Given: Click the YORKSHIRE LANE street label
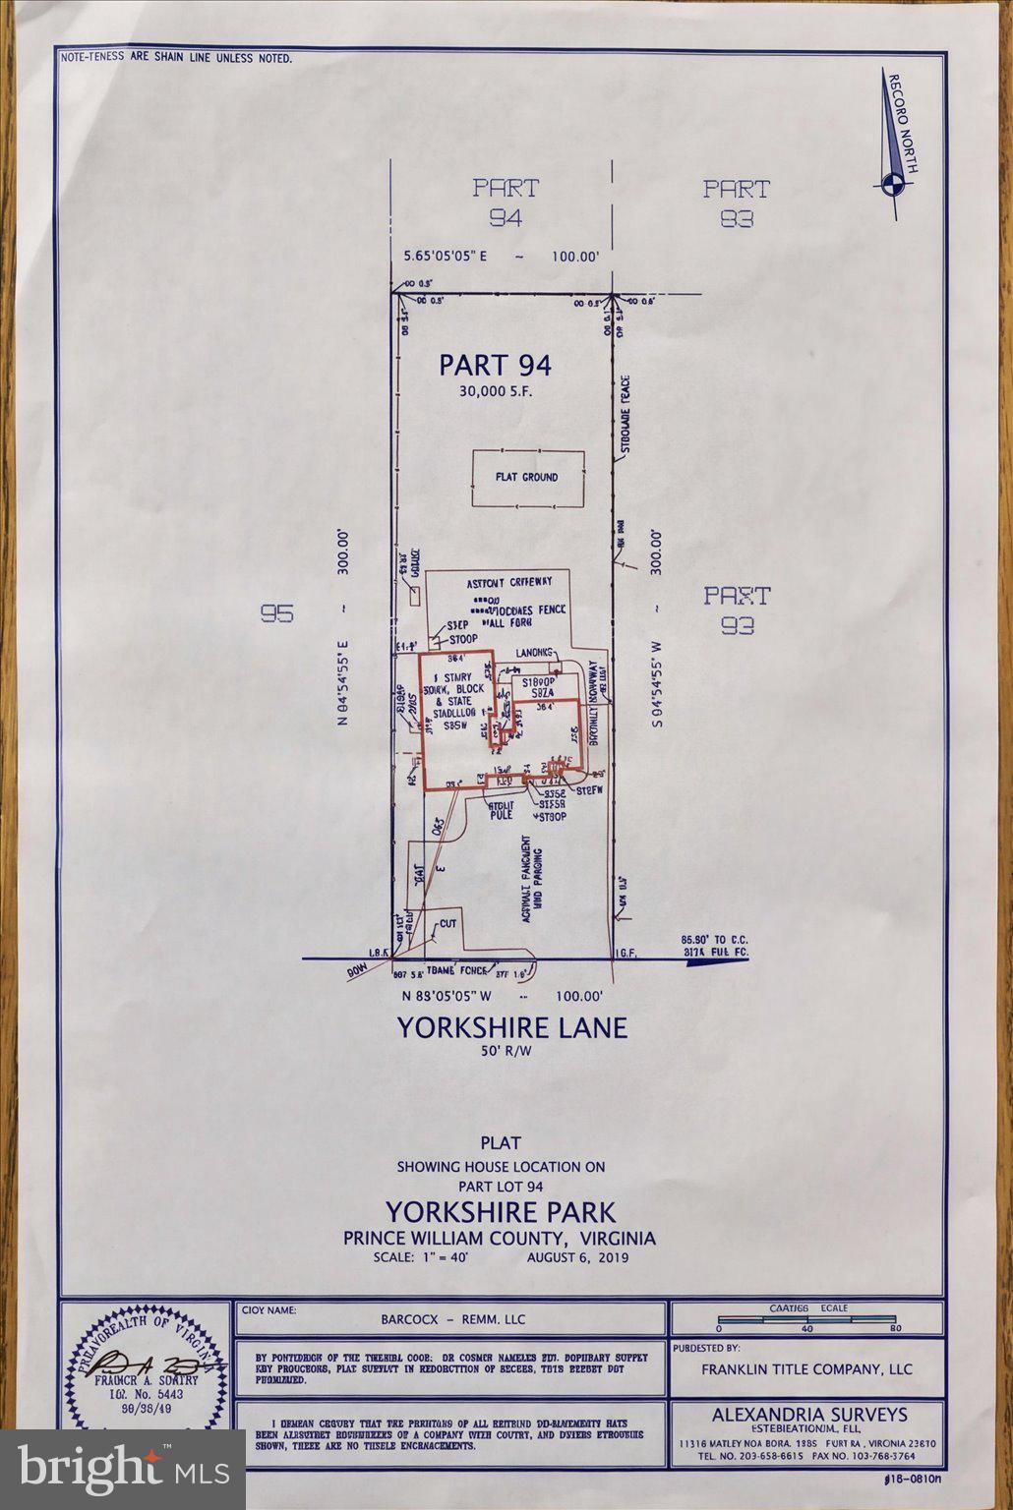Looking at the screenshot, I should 511,1028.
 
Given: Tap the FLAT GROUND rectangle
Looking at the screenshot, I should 527,478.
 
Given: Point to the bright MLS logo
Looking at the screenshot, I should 122,1470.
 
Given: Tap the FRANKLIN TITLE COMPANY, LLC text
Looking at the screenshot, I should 806,1368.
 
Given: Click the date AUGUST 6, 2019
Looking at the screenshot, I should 577,1257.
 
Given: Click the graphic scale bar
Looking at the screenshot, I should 806,1319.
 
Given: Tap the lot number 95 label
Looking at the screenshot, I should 277,614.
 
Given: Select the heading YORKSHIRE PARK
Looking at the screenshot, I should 500,1210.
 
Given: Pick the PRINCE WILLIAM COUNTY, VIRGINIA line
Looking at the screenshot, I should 500,1238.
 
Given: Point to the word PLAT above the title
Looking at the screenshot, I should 501,1143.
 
